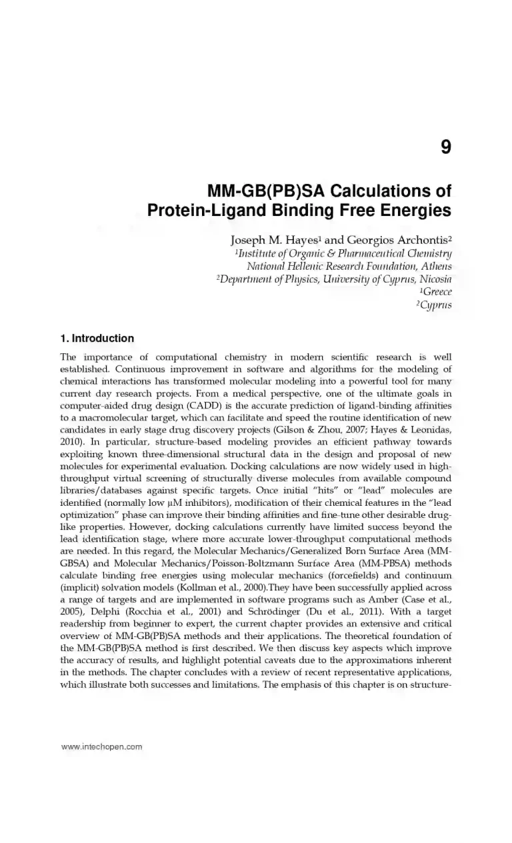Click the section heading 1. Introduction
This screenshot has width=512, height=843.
(97, 339)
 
